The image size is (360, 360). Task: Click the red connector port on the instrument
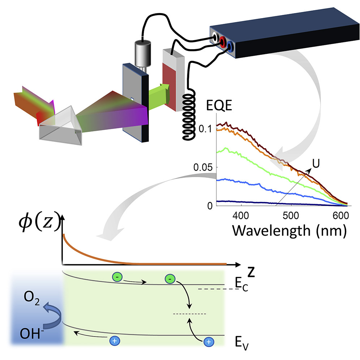(x=223, y=40)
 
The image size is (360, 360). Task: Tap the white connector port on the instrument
(x=216, y=37)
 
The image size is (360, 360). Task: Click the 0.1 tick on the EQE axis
(x=207, y=129)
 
